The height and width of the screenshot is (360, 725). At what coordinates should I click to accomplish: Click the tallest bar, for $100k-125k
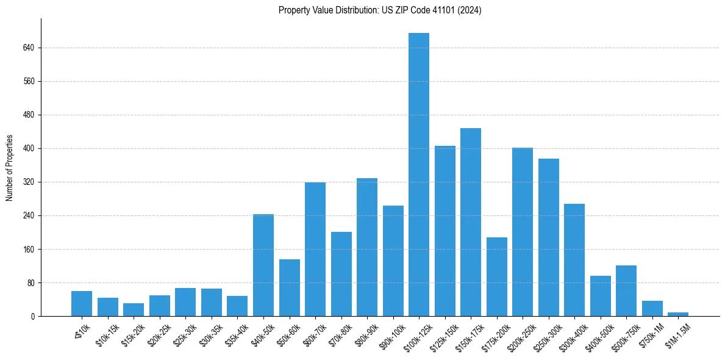coord(419,175)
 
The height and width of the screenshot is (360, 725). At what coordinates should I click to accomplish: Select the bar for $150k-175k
coord(471,222)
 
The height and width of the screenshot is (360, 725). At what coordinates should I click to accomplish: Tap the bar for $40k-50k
coord(263,265)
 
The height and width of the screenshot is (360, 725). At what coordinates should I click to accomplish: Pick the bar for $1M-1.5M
coord(678,314)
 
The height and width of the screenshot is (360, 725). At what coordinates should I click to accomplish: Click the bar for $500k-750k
coord(626,291)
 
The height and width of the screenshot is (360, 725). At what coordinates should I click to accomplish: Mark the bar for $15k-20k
coord(134,310)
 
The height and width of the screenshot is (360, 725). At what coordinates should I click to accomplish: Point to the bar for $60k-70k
coord(315,250)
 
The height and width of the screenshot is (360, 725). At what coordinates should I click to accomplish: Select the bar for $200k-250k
coord(523,232)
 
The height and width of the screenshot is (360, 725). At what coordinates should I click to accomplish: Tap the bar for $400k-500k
coord(601,296)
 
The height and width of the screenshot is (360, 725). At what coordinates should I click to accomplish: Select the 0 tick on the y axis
coord(34,316)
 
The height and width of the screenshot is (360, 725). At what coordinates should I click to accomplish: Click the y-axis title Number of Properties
coord(10,168)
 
